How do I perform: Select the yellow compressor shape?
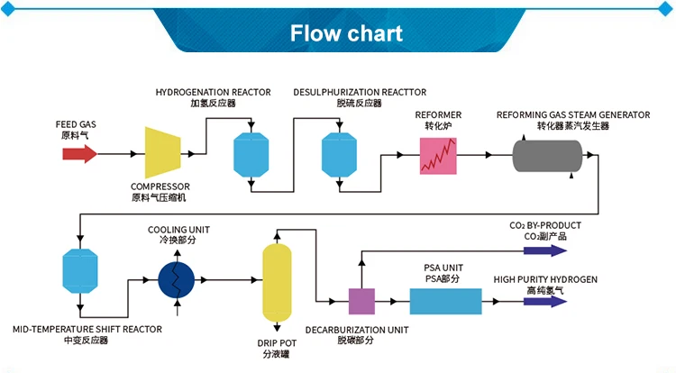pyautogui.click(x=164, y=151)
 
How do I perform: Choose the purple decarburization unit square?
pyautogui.click(x=361, y=301)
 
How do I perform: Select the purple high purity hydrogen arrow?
pyautogui.click(x=545, y=301)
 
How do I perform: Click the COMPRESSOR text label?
pyautogui.click(x=160, y=186)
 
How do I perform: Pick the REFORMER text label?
pyautogui.click(x=438, y=115)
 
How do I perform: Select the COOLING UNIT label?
pyautogui.click(x=177, y=230)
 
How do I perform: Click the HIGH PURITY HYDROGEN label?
pyautogui.click(x=545, y=279)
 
